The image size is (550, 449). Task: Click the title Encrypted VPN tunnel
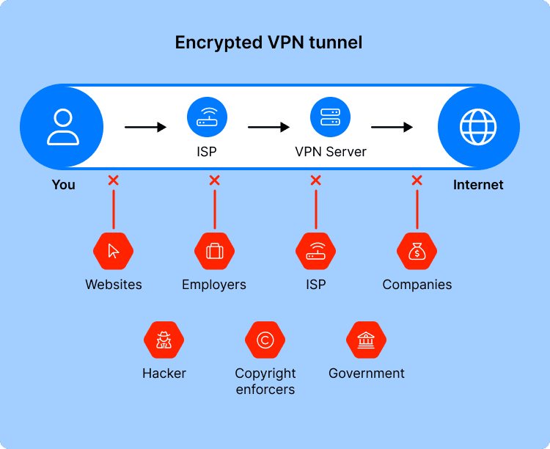pos(268,43)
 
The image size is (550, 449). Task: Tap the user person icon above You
pos(63,127)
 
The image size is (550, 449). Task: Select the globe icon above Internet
pos(478,127)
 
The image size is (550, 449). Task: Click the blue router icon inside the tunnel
pos(207,117)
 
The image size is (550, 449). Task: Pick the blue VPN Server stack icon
pos(330,117)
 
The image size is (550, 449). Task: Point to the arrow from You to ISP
pos(146,127)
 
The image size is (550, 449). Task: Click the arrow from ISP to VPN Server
pos(268,127)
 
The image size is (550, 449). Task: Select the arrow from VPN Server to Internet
pos(392,127)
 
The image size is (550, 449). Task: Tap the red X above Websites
pos(113,180)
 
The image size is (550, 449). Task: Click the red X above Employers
pos(214,180)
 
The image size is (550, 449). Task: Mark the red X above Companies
pos(417,180)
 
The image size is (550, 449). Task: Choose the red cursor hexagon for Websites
pos(113,251)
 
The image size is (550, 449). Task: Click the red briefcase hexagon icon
pos(214,251)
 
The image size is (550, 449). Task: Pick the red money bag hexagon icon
pos(417,251)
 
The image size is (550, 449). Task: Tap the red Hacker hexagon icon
pos(164,340)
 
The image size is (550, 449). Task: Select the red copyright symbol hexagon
pos(265,340)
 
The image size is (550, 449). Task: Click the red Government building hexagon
pos(366,340)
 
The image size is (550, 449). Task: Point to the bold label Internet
pos(478,185)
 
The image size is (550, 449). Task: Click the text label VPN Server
pos(331,152)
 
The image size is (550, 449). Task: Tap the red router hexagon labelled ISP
pos(315,251)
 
